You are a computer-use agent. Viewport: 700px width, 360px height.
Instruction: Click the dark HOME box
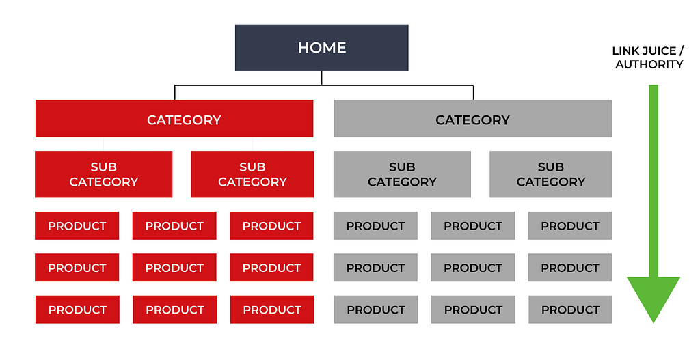[321, 48]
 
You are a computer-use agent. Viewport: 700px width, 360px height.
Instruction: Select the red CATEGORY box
[174, 118]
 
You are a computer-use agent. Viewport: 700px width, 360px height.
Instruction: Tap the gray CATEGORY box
[473, 118]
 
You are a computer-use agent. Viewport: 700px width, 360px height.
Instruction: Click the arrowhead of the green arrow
[654, 296]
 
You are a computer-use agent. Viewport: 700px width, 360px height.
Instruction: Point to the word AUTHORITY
[649, 64]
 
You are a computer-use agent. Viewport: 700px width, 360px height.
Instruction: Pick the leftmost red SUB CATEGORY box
[104, 174]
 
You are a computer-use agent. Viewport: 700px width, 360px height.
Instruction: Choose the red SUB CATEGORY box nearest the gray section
[252, 174]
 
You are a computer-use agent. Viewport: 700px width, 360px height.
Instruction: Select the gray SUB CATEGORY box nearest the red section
[402, 174]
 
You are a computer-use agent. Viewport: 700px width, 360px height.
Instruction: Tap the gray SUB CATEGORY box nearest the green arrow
[551, 174]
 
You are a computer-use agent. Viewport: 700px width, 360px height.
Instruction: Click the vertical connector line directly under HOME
[321, 78]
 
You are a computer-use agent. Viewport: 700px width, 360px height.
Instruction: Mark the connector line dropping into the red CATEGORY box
[174, 92]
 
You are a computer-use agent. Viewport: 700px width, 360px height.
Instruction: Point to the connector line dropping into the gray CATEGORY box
[473, 92]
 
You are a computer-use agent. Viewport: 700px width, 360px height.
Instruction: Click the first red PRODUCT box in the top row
[77, 225]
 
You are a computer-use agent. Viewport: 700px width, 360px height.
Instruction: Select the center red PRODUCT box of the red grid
[174, 268]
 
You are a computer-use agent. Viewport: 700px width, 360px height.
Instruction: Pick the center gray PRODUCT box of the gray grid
[473, 268]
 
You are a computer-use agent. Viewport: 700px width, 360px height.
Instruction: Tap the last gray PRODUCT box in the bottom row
[571, 309]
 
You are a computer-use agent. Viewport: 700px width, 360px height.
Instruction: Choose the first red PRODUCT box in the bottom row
[77, 309]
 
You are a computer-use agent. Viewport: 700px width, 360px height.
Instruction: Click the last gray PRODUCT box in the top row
[570, 225]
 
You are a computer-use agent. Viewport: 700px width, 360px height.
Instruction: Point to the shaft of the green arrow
[654, 180]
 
